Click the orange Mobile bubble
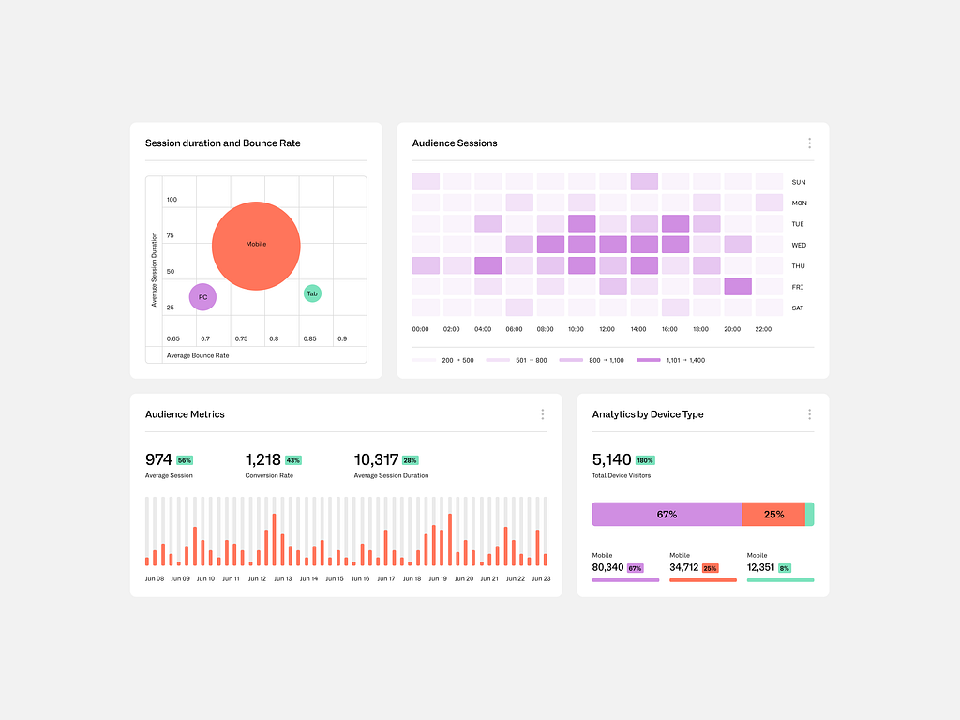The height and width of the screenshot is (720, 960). point(256,246)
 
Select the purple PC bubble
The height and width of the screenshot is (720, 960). point(202,297)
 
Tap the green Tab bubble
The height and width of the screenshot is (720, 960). point(312,293)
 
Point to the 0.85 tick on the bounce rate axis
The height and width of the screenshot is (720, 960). point(308,338)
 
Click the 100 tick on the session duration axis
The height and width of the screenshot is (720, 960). point(172,200)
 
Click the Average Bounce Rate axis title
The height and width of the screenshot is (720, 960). point(197,355)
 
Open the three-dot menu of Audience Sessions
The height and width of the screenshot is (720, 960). point(809,143)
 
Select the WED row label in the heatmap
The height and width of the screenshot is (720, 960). point(798,245)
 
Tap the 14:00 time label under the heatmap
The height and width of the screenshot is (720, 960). point(638,329)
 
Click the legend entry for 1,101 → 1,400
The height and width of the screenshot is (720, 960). point(670,360)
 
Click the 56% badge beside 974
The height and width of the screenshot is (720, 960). point(184,460)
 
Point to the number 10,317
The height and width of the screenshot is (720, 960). point(376,459)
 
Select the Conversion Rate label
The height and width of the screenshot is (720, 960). point(269,475)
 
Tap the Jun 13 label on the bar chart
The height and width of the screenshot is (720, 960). point(282,578)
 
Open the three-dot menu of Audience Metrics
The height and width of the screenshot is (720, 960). point(542,414)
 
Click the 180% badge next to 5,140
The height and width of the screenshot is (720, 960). point(644,460)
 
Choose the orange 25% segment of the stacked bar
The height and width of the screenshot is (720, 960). point(773,514)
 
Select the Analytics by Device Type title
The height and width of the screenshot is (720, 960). point(647,414)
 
